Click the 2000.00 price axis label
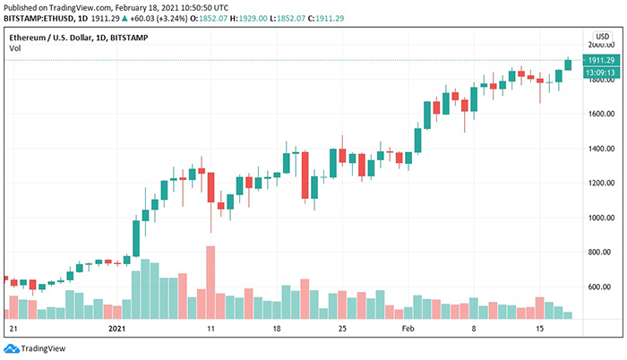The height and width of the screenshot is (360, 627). click(x=599, y=44)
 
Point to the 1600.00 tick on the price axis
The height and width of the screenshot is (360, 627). click(x=599, y=114)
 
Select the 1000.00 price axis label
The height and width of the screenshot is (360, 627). click(x=599, y=218)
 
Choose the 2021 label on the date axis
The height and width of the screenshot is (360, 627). click(x=116, y=329)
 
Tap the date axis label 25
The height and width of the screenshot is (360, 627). click(x=342, y=329)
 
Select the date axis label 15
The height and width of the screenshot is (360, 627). click(x=539, y=329)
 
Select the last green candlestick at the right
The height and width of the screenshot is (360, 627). click(x=568, y=64)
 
